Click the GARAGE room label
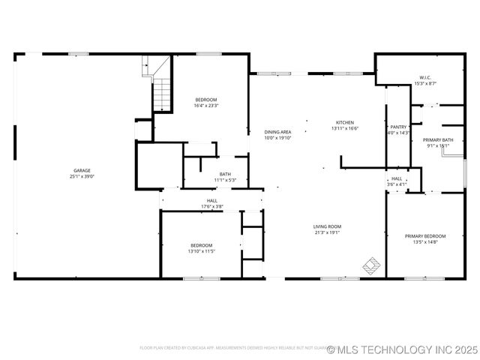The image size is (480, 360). pyautogui.click(x=82, y=170)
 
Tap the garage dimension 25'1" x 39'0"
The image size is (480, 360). pyautogui.click(x=82, y=176)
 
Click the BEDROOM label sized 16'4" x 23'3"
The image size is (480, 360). pyautogui.click(x=206, y=100)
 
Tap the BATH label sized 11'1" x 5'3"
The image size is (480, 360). pyautogui.click(x=225, y=174)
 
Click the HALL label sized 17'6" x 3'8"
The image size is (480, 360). pyautogui.click(x=212, y=201)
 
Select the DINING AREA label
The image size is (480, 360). pyautogui.click(x=277, y=132)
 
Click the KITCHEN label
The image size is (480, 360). pyautogui.click(x=344, y=122)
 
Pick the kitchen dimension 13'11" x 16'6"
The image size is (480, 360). pyautogui.click(x=344, y=128)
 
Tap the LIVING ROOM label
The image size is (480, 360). pyautogui.click(x=327, y=226)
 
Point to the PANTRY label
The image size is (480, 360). pyautogui.click(x=397, y=127)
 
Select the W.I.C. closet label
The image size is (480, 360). pyautogui.click(x=425, y=78)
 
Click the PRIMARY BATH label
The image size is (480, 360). pyautogui.click(x=437, y=140)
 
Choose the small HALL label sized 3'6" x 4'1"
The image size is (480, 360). pyautogui.click(x=397, y=178)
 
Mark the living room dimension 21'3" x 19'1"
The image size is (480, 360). pyautogui.click(x=327, y=232)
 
